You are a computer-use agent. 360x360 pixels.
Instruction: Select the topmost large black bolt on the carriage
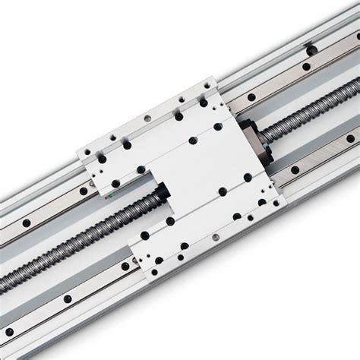coord(178,117)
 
